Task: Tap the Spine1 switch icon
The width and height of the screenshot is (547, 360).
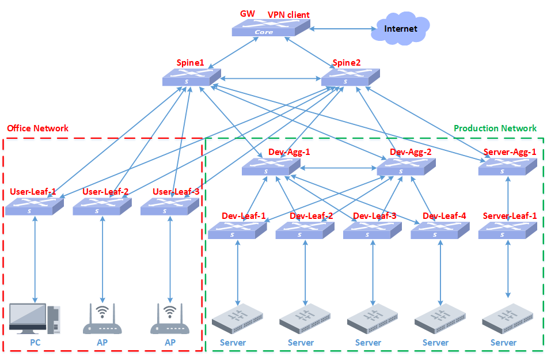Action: tap(192, 77)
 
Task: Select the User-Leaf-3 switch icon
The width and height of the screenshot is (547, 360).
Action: tap(170, 207)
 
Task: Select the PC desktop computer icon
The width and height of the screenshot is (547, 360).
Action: tap(35, 319)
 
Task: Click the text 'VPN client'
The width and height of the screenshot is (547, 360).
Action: tap(288, 14)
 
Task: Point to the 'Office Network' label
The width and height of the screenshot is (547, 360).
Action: tap(37, 128)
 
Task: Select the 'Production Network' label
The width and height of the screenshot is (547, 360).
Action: tap(495, 128)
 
